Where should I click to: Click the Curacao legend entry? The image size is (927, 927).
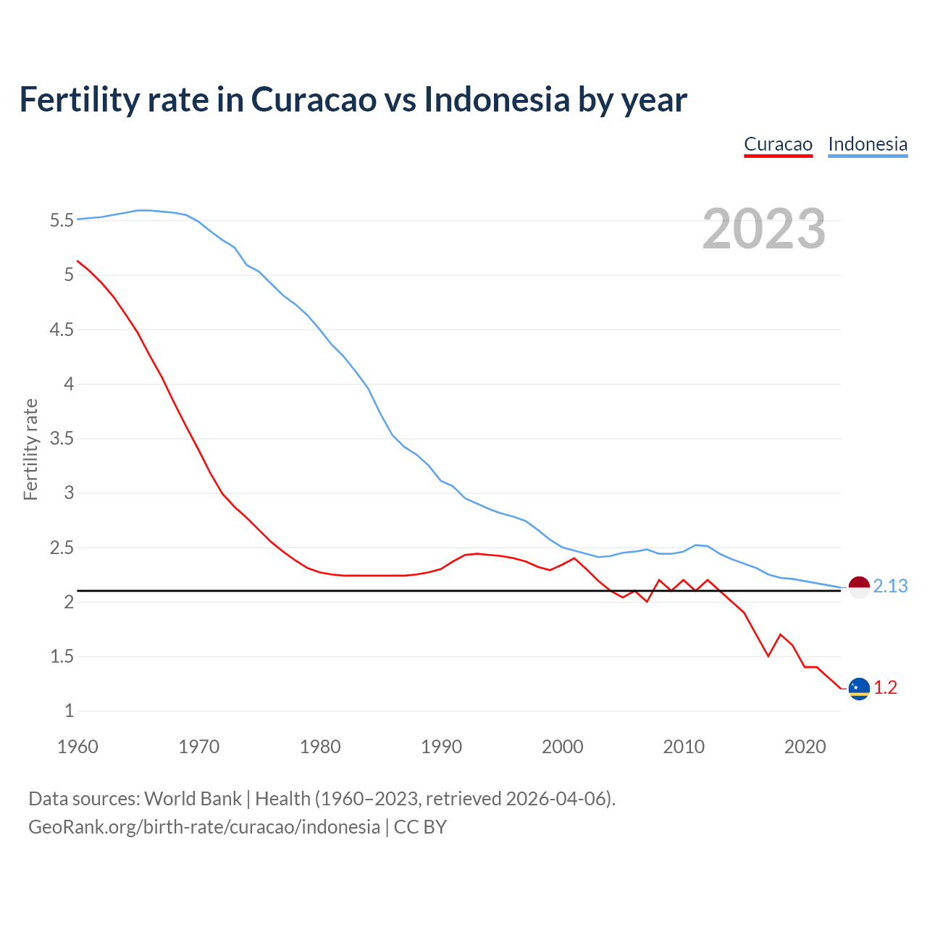click(x=778, y=144)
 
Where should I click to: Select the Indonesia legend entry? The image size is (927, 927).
click(x=868, y=144)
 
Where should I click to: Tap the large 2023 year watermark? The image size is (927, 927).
click(x=763, y=229)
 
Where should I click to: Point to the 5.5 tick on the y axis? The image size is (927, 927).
click(x=62, y=220)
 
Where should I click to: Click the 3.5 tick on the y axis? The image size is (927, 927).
click(x=62, y=439)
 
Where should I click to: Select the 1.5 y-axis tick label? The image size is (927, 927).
click(x=62, y=657)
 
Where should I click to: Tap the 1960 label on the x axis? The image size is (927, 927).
click(x=77, y=747)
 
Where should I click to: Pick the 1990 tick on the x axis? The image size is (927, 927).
click(x=441, y=747)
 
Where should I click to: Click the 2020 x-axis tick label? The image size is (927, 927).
click(x=805, y=747)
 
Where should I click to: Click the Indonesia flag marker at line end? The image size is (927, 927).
click(x=859, y=587)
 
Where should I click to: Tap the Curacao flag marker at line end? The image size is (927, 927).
click(x=859, y=689)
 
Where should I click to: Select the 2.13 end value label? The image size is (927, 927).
click(x=890, y=587)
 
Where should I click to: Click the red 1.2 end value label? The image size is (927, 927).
click(x=885, y=688)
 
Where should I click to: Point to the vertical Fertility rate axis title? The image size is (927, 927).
click(x=30, y=449)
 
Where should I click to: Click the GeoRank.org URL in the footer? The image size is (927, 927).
click(x=204, y=826)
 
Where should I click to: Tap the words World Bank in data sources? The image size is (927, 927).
click(x=193, y=798)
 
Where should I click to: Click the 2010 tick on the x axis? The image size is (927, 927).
click(x=684, y=747)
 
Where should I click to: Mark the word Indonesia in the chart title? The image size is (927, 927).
click(x=497, y=99)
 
